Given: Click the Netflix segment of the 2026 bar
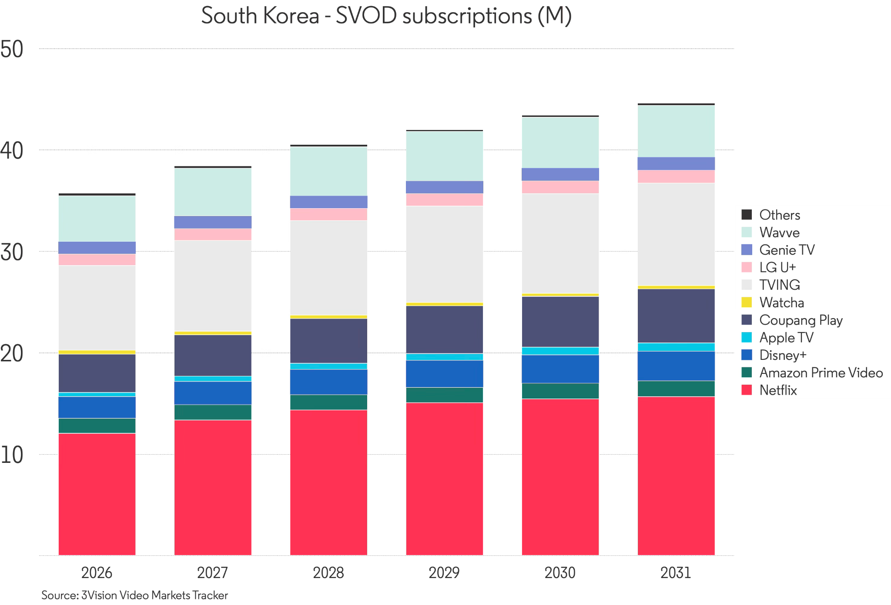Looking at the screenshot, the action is click(97, 494).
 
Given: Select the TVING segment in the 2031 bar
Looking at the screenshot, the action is click(676, 234).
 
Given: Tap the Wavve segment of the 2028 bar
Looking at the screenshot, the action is click(328, 171).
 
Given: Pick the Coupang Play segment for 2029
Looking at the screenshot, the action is click(444, 330).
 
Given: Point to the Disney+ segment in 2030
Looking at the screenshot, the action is click(560, 369).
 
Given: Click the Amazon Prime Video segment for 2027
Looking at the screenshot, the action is click(213, 412).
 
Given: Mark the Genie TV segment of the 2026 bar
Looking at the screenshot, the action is click(97, 248).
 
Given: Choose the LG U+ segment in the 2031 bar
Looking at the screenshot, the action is click(676, 176).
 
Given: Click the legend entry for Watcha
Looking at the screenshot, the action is click(773, 302).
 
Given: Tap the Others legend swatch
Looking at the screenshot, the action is click(747, 215).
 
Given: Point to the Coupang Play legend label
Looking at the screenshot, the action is click(801, 320).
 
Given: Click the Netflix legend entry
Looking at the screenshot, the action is click(769, 390).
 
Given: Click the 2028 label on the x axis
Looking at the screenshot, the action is click(328, 573).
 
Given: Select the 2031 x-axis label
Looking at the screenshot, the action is click(676, 573).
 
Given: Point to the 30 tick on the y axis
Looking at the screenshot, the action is click(12, 252).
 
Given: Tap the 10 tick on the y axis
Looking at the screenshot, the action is click(12, 455).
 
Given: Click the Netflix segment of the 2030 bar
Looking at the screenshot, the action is click(560, 477).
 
